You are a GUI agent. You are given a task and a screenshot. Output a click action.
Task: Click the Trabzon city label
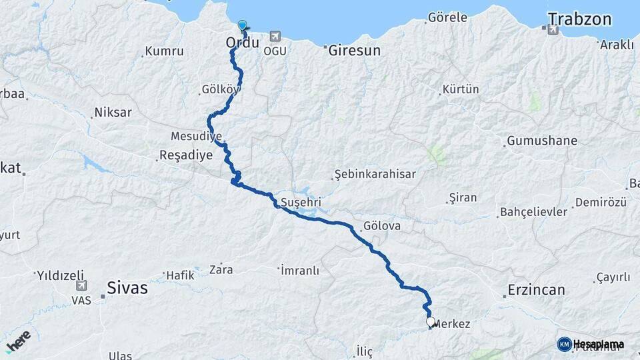[x=579, y=19]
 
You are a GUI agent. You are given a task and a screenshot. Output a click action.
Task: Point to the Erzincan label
[x=536, y=290]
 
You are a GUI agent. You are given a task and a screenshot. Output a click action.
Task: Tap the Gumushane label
[x=542, y=141]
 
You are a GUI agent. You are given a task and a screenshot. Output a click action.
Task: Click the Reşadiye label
[x=186, y=155]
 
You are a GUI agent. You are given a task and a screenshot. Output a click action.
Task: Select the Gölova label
[x=382, y=226]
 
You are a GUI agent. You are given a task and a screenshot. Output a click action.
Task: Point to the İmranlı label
[x=300, y=270]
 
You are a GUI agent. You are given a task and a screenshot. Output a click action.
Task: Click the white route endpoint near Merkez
[x=431, y=322]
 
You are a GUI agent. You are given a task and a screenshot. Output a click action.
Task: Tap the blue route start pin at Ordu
[x=242, y=25]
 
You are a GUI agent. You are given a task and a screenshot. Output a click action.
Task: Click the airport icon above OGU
[x=276, y=37]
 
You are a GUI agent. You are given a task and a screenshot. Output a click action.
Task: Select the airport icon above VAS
[x=81, y=286]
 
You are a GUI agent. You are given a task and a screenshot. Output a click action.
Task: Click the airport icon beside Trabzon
[x=552, y=29]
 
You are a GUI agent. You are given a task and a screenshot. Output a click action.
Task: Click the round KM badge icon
[x=564, y=344]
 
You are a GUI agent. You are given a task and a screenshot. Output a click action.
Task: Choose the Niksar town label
[x=113, y=112]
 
